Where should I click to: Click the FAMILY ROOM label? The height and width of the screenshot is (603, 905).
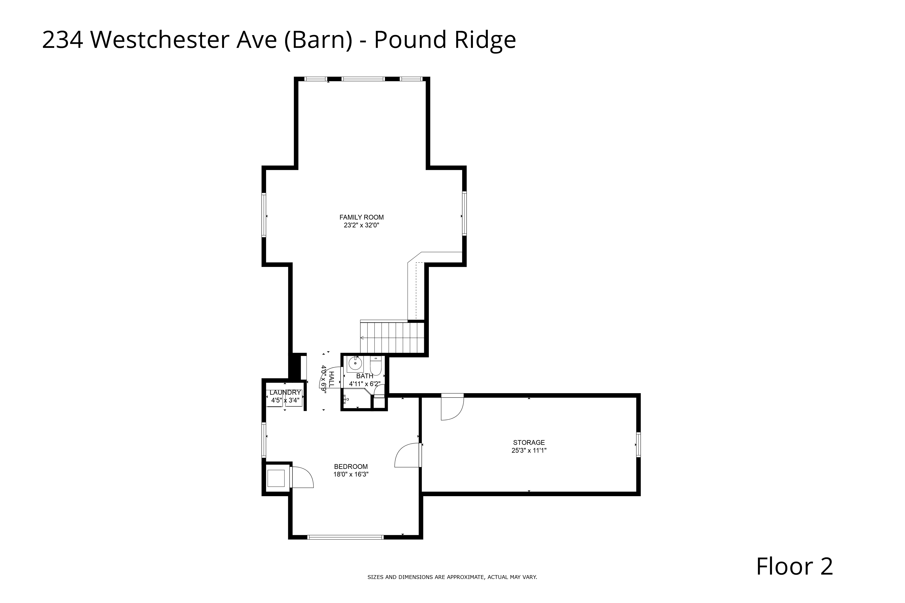pyautogui.click(x=361, y=217)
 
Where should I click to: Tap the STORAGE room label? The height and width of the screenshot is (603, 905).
pyautogui.click(x=529, y=443)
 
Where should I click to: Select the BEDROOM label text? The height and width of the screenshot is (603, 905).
pyautogui.click(x=351, y=466)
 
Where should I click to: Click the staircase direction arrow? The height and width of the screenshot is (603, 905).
pyautogui.click(x=362, y=338)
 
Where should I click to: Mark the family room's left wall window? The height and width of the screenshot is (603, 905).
pyautogui.click(x=264, y=215)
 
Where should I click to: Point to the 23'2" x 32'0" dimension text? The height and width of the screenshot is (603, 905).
pyautogui.click(x=361, y=226)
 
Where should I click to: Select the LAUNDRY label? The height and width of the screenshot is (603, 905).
pyautogui.click(x=285, y=392)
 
